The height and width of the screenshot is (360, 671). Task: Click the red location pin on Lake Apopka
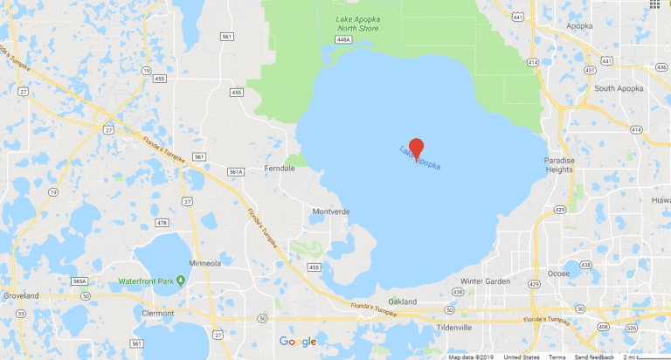click(417, 148)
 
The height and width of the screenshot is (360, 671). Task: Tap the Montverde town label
click(331, 211)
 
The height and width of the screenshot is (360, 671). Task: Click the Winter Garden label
click(483, 280)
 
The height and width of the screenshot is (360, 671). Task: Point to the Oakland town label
click(404, 301)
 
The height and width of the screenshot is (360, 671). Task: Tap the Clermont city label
click(159, 312)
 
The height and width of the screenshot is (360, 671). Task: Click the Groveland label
click(21, 296)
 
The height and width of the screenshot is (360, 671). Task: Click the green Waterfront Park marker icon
click(180, 280)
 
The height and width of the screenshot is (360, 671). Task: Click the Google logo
click(297, 342)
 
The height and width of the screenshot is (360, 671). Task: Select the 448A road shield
click(343, 39)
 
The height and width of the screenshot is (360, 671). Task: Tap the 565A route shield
click(80, 281)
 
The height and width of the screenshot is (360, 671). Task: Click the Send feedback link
click(592, 357)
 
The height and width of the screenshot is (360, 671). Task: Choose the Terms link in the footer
click(557, 357)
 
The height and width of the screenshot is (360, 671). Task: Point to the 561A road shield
click(235, 173)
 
